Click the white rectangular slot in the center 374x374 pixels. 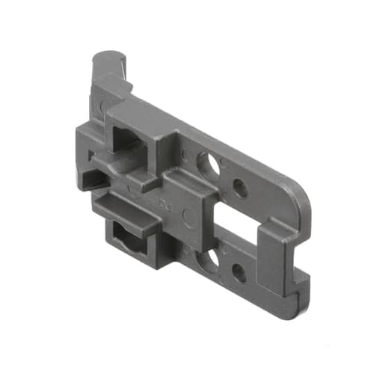click(x=238, y=228)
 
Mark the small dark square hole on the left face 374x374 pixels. click(x=91, y=158)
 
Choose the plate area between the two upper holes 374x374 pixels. click(x=224, y=174)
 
